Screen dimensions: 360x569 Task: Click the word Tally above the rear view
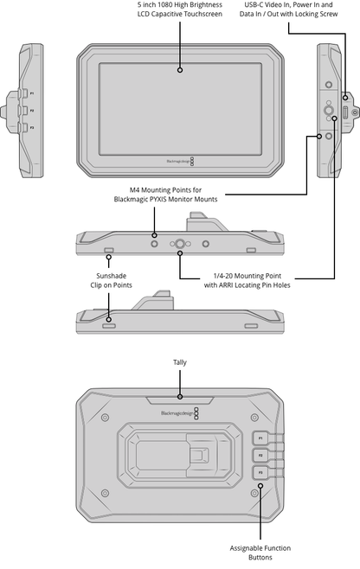tap(180, 362)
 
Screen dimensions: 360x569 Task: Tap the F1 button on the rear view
tap(260, 438)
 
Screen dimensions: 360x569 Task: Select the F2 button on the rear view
tap(260, 456)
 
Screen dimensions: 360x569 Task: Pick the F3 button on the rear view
tap(260, 472)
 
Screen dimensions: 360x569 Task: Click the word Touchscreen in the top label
tap(203, 14)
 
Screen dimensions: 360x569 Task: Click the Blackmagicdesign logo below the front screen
tap(180, 162)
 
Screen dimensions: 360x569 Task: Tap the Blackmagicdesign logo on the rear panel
tap(180, 413)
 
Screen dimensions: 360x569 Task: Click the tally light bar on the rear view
tap(180, 400)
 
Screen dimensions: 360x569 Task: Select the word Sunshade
tap(111, 276)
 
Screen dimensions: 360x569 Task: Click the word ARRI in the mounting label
tap(226, 285)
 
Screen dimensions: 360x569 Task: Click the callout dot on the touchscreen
tap(180, 70)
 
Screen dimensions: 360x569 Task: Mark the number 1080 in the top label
tap(165, 4)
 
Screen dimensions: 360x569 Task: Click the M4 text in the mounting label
tap(135, 190)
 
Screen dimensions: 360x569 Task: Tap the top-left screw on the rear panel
tap(105, 418)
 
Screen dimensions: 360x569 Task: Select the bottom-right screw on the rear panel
tap(254, 493)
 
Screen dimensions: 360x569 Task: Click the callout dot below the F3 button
tap(260, 485)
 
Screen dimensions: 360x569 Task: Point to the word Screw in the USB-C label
tap(328, 14)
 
